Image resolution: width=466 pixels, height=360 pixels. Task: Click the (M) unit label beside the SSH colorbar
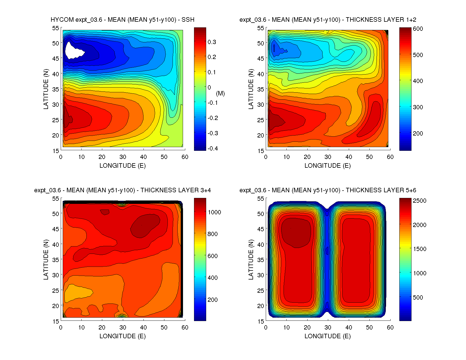[x=220, y=93]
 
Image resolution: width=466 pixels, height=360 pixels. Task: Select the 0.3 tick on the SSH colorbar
[x=212, y=42]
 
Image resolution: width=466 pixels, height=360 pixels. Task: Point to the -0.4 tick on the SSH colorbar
[x=213, y=149]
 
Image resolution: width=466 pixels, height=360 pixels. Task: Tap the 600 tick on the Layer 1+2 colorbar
[x=418, y=29]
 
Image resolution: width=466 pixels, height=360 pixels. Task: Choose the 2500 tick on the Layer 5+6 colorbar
[x=419, y=201]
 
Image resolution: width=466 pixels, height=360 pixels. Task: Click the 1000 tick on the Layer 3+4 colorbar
[x=214, y=212]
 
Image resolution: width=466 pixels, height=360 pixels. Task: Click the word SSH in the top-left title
[x=188, y=20]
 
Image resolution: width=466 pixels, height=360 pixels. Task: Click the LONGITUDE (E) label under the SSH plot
[x=123, y=166]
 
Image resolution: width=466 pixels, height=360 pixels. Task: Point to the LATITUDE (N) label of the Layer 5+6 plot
[x=251, y=260]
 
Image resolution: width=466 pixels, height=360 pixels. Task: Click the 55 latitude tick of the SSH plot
[x=56, y=28]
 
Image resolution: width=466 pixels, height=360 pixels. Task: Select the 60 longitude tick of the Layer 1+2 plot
[x=390, y=157]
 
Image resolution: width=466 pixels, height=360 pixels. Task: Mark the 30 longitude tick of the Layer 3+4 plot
[x=123, y=328]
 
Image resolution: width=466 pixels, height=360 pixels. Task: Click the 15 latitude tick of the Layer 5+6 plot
[x=261, y=321]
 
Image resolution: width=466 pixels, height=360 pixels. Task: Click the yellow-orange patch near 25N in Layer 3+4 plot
[x=76, y=294]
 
